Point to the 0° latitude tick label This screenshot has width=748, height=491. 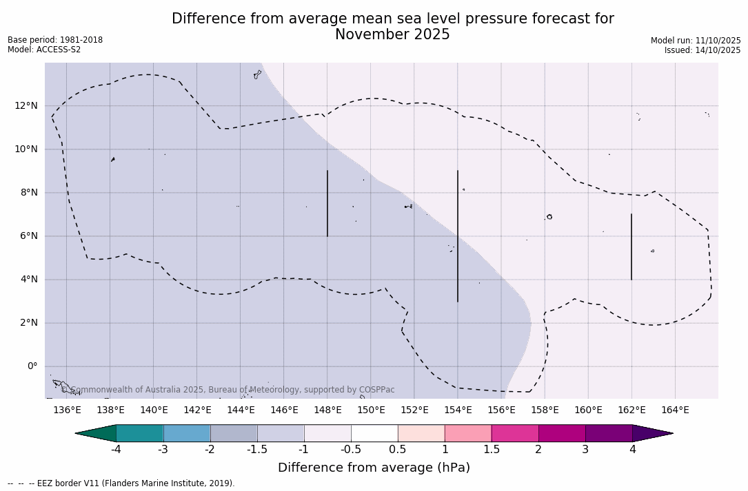point(32,366)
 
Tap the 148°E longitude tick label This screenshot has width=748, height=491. point(327,410)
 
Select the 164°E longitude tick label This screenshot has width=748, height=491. point(675,410)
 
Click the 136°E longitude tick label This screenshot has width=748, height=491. point(67,410)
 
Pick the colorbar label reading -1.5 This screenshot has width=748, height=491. point(257,450)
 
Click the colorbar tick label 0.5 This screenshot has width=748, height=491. point(398,450)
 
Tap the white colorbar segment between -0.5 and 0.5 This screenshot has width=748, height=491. point(374,433)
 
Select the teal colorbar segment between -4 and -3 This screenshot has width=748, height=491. point(140,433)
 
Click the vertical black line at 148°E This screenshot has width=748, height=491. point(327,203)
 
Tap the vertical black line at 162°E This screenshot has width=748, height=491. point(631,247)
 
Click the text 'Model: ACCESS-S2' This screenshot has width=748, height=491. point(44,50)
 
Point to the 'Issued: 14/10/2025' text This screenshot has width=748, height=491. point(702,50)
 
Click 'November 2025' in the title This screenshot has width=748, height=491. point(392,34)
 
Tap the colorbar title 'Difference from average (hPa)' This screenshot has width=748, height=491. point(374,468)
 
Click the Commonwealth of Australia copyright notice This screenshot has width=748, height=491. point(228,390)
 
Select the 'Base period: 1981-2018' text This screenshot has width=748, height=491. point(55,40)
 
